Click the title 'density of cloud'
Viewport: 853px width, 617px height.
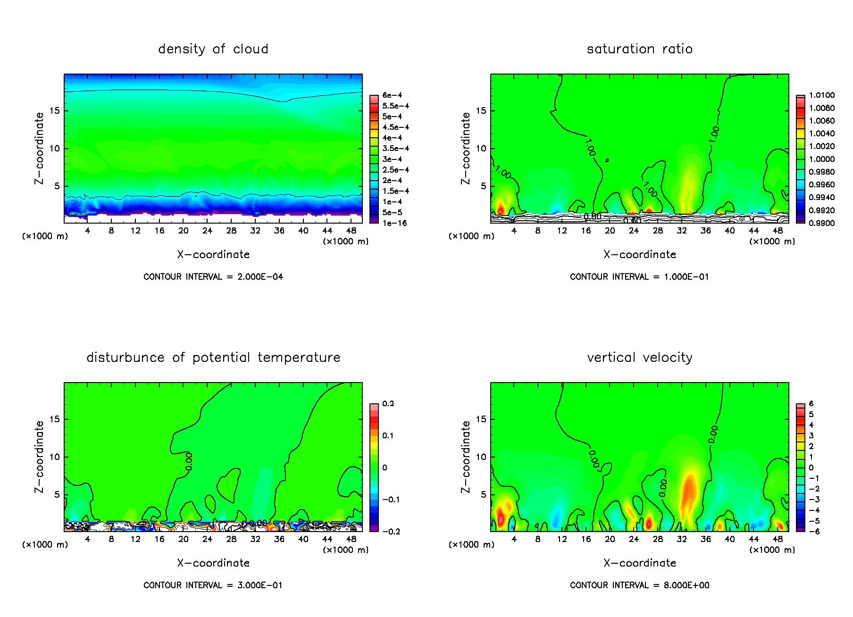tap(213, 49)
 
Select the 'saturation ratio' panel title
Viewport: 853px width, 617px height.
tap(639, 49)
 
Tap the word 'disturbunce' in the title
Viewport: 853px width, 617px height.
tap(125, 358)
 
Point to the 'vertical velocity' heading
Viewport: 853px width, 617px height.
tap(639, 358)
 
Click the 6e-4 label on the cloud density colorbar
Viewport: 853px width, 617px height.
tap(392, 95)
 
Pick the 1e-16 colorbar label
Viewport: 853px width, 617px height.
tap(394, 223)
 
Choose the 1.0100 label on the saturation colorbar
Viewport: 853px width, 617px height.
tap(821, 95)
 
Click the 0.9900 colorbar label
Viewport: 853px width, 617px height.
tap(821, 223)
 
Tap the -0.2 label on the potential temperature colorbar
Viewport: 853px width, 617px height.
tap(391, 532)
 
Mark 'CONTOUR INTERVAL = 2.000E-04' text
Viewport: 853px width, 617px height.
tap(213, 277)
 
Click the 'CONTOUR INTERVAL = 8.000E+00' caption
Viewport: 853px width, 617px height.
tap(639, 585)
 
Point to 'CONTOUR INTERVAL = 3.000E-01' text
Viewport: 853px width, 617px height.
tap(213, 585)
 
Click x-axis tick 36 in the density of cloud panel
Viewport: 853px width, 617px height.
tap(279, 231)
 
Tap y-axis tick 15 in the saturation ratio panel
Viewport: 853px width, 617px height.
tap(480, 111)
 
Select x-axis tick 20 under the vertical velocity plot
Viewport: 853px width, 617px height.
tap(610, 539)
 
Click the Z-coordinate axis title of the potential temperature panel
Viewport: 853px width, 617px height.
tap(39, 457)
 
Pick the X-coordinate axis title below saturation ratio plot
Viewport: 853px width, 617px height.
tap(639, 255)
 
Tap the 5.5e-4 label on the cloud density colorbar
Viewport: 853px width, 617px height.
tap(395, 106)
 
